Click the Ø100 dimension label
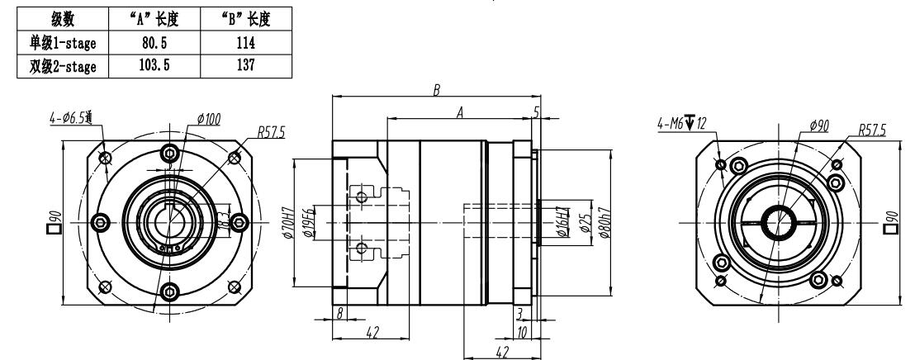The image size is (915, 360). click(210, 121)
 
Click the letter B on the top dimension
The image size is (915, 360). click(435, 89)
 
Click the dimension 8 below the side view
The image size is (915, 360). click(340, 311)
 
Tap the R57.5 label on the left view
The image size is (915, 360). click(270, 130)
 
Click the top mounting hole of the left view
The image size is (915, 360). click(170, 153)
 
